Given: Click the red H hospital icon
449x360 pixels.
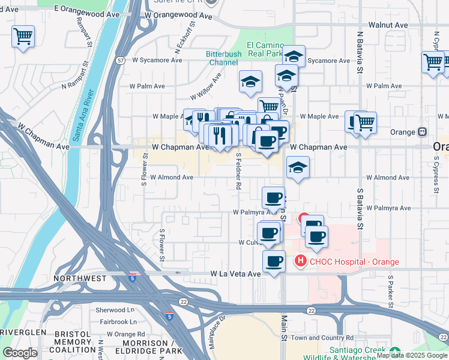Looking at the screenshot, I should [299, 262].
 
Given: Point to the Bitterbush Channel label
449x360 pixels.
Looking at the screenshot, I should [224, 58].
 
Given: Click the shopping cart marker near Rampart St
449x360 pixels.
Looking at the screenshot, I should [23, 37].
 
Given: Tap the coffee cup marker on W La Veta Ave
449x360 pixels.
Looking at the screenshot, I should [274, 262].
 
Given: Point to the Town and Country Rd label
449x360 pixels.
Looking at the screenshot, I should [322, 338].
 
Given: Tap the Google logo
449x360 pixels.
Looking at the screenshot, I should [20, 353].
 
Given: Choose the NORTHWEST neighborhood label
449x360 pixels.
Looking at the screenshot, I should [80, 278].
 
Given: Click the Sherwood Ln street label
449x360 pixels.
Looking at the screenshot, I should [115, 310].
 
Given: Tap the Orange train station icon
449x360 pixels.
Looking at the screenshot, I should [423, 132].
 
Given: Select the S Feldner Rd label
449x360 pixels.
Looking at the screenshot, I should [238, 171].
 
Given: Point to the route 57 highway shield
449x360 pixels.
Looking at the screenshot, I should [121, 61].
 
